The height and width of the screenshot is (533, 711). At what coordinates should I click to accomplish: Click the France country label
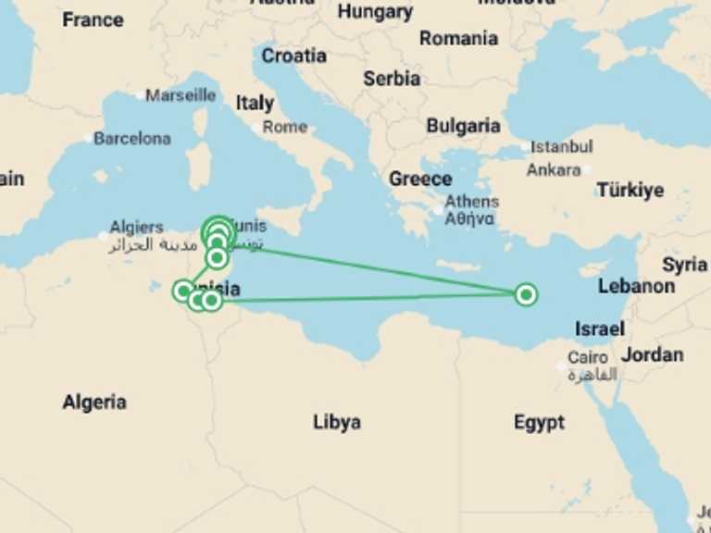93,19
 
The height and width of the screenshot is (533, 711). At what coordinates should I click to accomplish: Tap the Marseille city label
181,95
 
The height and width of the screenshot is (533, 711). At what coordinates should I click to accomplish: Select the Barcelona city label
132,139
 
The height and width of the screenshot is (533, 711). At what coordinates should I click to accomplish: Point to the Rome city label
284,127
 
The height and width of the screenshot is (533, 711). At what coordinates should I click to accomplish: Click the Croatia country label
293,56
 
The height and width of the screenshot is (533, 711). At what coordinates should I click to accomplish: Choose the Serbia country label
392,79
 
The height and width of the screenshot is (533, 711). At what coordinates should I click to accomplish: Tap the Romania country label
458,39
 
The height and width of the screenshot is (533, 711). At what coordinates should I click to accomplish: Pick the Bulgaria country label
463,126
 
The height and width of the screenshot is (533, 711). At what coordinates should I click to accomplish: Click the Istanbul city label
562,146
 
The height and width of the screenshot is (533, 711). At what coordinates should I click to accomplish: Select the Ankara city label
554,170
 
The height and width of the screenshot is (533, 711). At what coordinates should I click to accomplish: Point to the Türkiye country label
630,191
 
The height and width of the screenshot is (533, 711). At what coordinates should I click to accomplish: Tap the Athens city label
471,202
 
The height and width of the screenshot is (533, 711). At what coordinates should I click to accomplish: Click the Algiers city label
136,227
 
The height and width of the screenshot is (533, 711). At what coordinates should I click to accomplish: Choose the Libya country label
336,422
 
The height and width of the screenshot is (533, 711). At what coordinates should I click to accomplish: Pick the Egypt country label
539,423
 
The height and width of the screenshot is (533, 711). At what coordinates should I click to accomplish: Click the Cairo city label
588,358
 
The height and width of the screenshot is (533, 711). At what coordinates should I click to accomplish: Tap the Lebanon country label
636,286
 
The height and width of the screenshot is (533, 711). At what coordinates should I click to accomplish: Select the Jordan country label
652,354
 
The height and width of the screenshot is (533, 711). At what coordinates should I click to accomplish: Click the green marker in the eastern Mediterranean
526,295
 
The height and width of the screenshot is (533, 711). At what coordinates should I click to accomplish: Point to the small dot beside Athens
438,210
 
